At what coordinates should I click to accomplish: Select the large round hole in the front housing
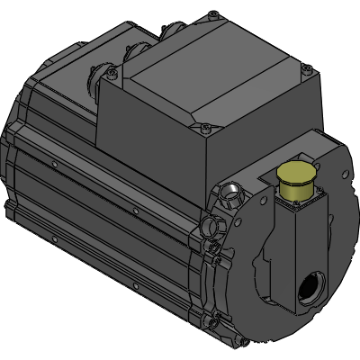point(310,291)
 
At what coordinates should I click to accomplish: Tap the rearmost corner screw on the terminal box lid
point(212,14)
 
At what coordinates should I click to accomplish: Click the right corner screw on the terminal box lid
point(310,68)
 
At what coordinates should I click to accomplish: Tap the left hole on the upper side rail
point(56,164)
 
